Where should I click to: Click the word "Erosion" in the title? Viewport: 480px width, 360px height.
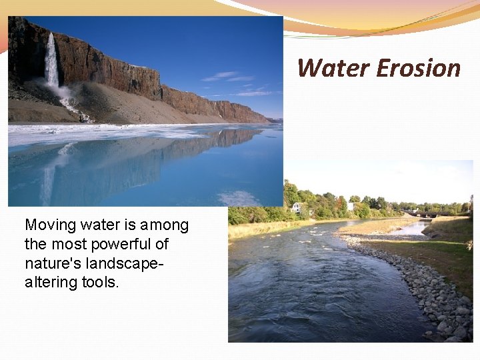pyautogui.click(x=418, y=68)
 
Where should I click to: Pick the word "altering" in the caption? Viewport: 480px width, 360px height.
pyautogui.click(x=51, y=282)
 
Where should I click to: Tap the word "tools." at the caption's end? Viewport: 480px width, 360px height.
pyautogui.click(x=101, y=282)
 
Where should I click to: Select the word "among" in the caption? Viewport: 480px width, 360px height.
pyautogui.click(x=164, y=226)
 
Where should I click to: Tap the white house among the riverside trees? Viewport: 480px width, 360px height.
pyautogui.click(x=297, y=207)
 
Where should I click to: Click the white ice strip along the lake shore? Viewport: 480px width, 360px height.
pyautogui.click(x=100, y=133)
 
